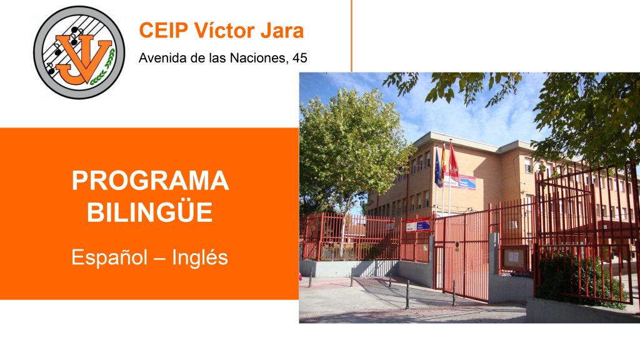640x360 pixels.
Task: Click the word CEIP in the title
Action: [x=163, y=31]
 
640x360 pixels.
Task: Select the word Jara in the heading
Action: [x=282, y=31]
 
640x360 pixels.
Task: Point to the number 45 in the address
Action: [x=299, y=58]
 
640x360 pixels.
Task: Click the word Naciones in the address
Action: [x=257, y=58]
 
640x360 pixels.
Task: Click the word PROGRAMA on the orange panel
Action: [x=150, y=181]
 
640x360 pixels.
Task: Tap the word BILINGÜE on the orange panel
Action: [x=150, y=212]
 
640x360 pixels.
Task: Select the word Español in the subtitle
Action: [x=109, y=257]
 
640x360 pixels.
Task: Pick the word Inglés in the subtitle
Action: [x=199, y=257]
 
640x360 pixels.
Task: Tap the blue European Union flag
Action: [x=438, y=168]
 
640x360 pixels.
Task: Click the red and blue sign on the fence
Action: [x=417, y=225]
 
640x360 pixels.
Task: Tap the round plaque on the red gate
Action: [x=457, y=246]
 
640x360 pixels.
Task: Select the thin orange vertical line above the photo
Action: [x=351, y=36]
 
